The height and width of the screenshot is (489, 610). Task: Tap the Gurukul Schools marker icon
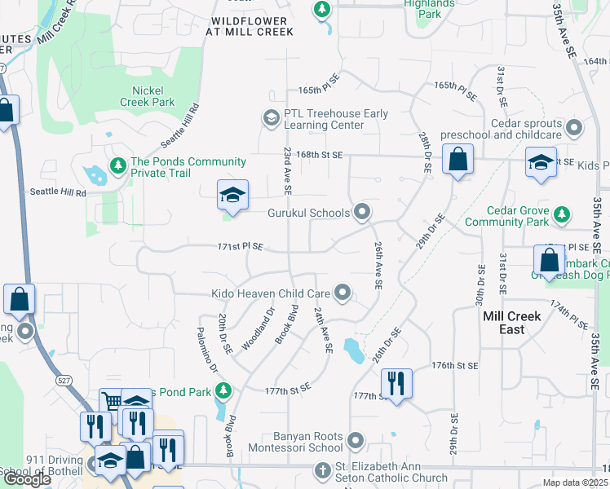tap(363, 213)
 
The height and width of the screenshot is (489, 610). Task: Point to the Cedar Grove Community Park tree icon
tap(561, 215)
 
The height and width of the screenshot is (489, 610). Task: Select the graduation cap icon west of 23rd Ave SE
tap(232, 196)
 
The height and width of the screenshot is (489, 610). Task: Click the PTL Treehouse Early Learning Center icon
tap(271, 119)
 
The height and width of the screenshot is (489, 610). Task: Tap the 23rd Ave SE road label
tap(287, 171)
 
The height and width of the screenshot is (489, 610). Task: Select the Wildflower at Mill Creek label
tap(249, 25)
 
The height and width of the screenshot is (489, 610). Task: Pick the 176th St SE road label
tap(453, 365)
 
